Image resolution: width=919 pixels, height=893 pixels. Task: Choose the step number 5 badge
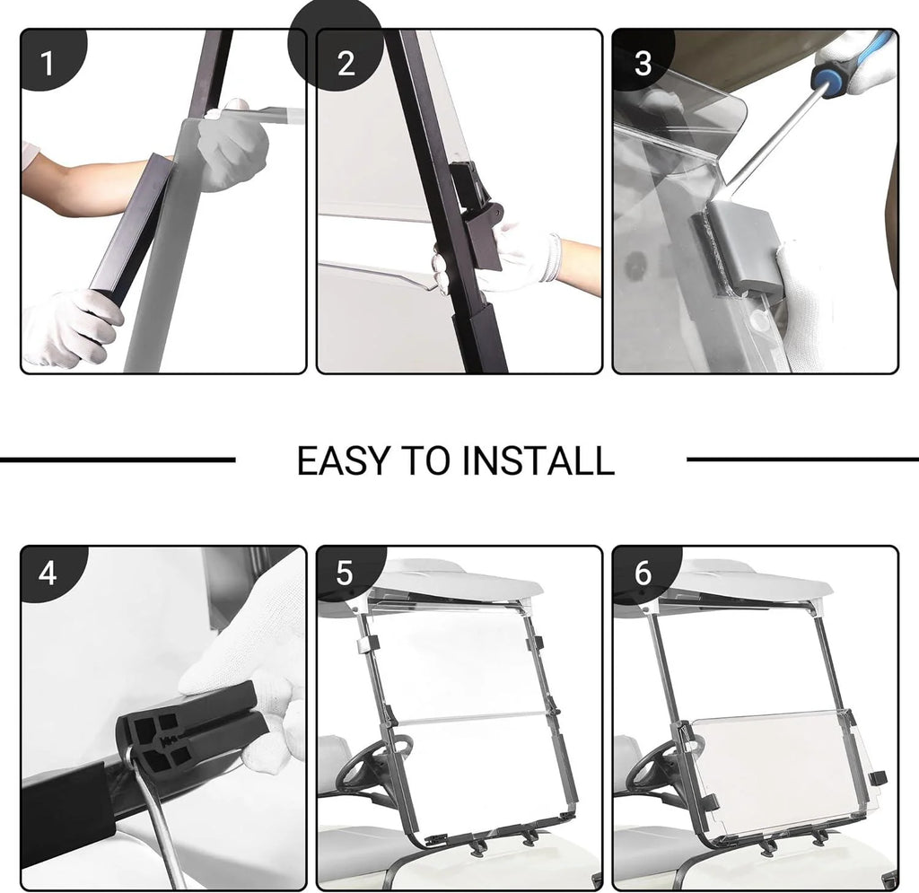click(345, 573)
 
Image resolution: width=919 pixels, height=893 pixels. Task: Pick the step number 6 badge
click(643, 573)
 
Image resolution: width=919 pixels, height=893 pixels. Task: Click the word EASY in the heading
click(344, 460)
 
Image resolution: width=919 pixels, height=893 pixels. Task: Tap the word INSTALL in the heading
click(538, 460)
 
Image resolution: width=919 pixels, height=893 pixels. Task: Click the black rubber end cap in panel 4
click(194, 731)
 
